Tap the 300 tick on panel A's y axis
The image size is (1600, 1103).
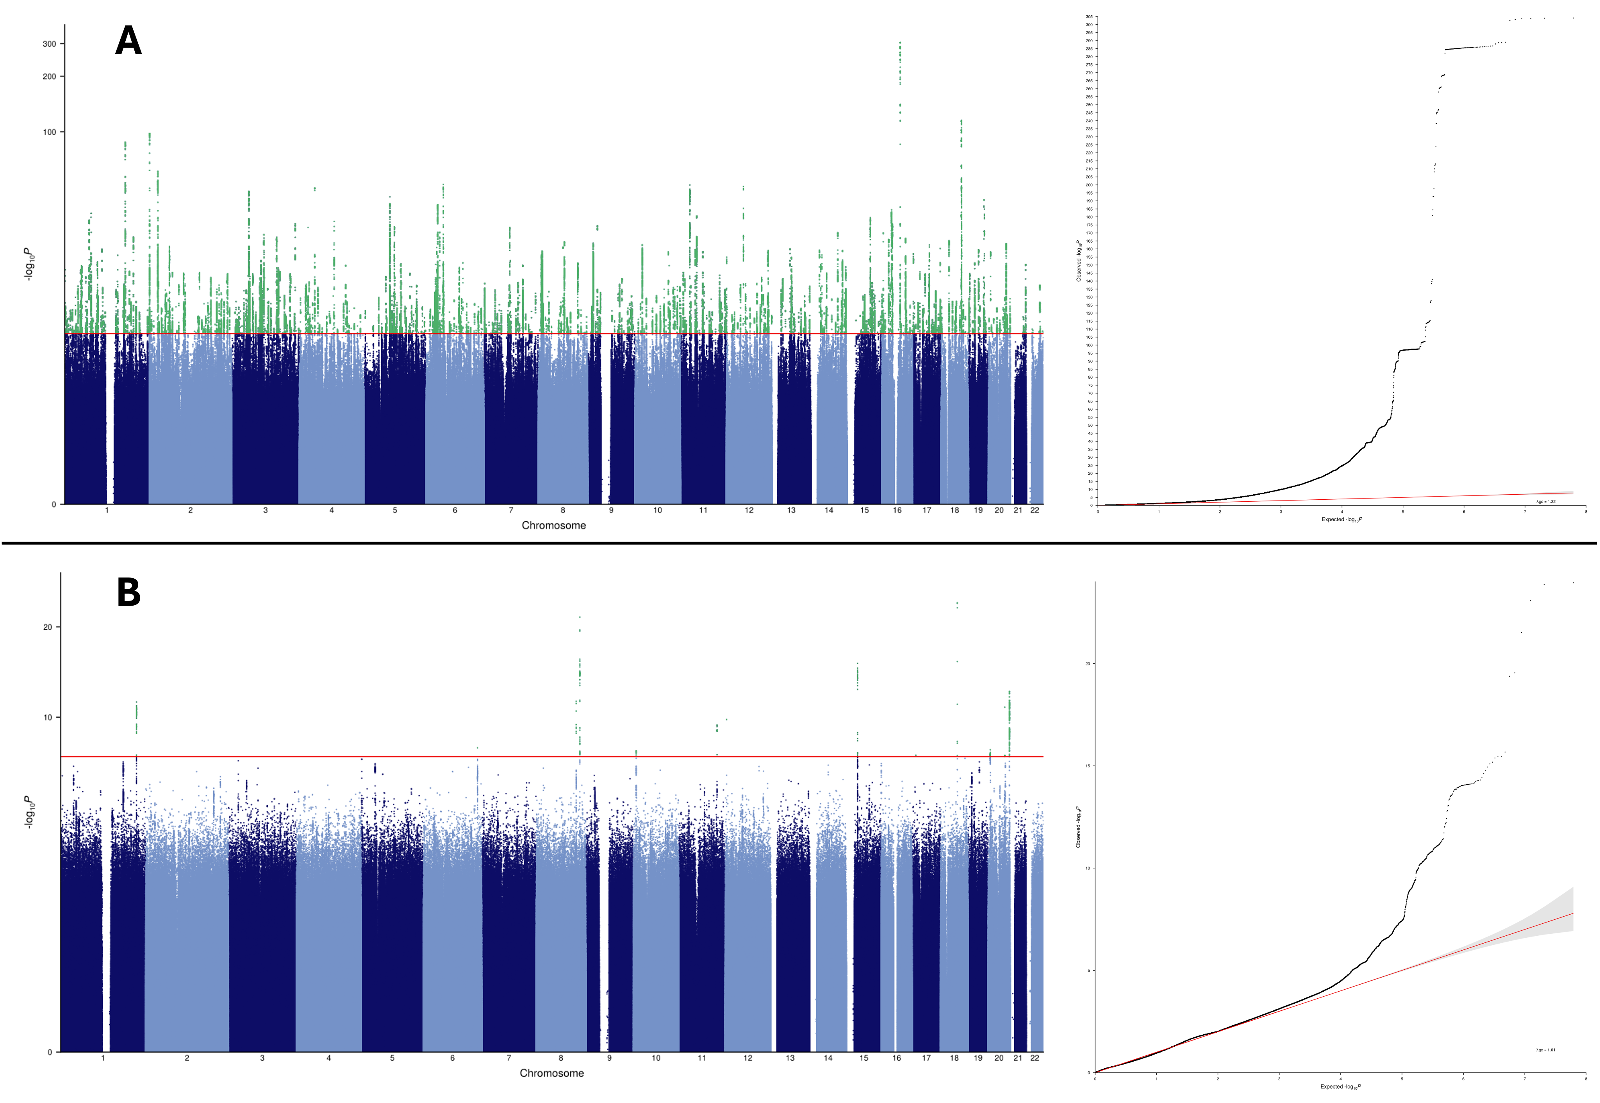pyautogui.click(x=50, y=43)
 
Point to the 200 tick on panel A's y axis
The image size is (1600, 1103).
pyautogui.click(x=50, y=77)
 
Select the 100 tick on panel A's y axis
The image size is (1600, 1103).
pyautogui.click(x=50, y=132)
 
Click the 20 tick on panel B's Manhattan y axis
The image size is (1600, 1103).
pyautogui.click(x=48, y=627)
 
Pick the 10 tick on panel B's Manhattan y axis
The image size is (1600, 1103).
pyautogui.click(x=48, y=717)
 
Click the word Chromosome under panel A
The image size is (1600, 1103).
pyautogui.click(x=553, y=525)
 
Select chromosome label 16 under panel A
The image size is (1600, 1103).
pyautogui.click(x=897, y=510)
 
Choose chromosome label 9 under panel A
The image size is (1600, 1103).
pyautogui.click(x=611, y=510)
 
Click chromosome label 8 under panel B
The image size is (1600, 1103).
pyautogui.click(x=561, y=1058)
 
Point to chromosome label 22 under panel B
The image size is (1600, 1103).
pyautogui.click(x=1034, y=1058)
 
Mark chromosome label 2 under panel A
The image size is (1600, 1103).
pyautogui.click(x=190, y=510)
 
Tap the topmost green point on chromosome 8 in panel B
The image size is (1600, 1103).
pyautogui.click(x=580, y=617)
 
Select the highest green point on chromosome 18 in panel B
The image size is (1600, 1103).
pyautogui.click(x=957, y=602)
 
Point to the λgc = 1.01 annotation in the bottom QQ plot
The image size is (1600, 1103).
pyautogui.click(x=1545, y=1050)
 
